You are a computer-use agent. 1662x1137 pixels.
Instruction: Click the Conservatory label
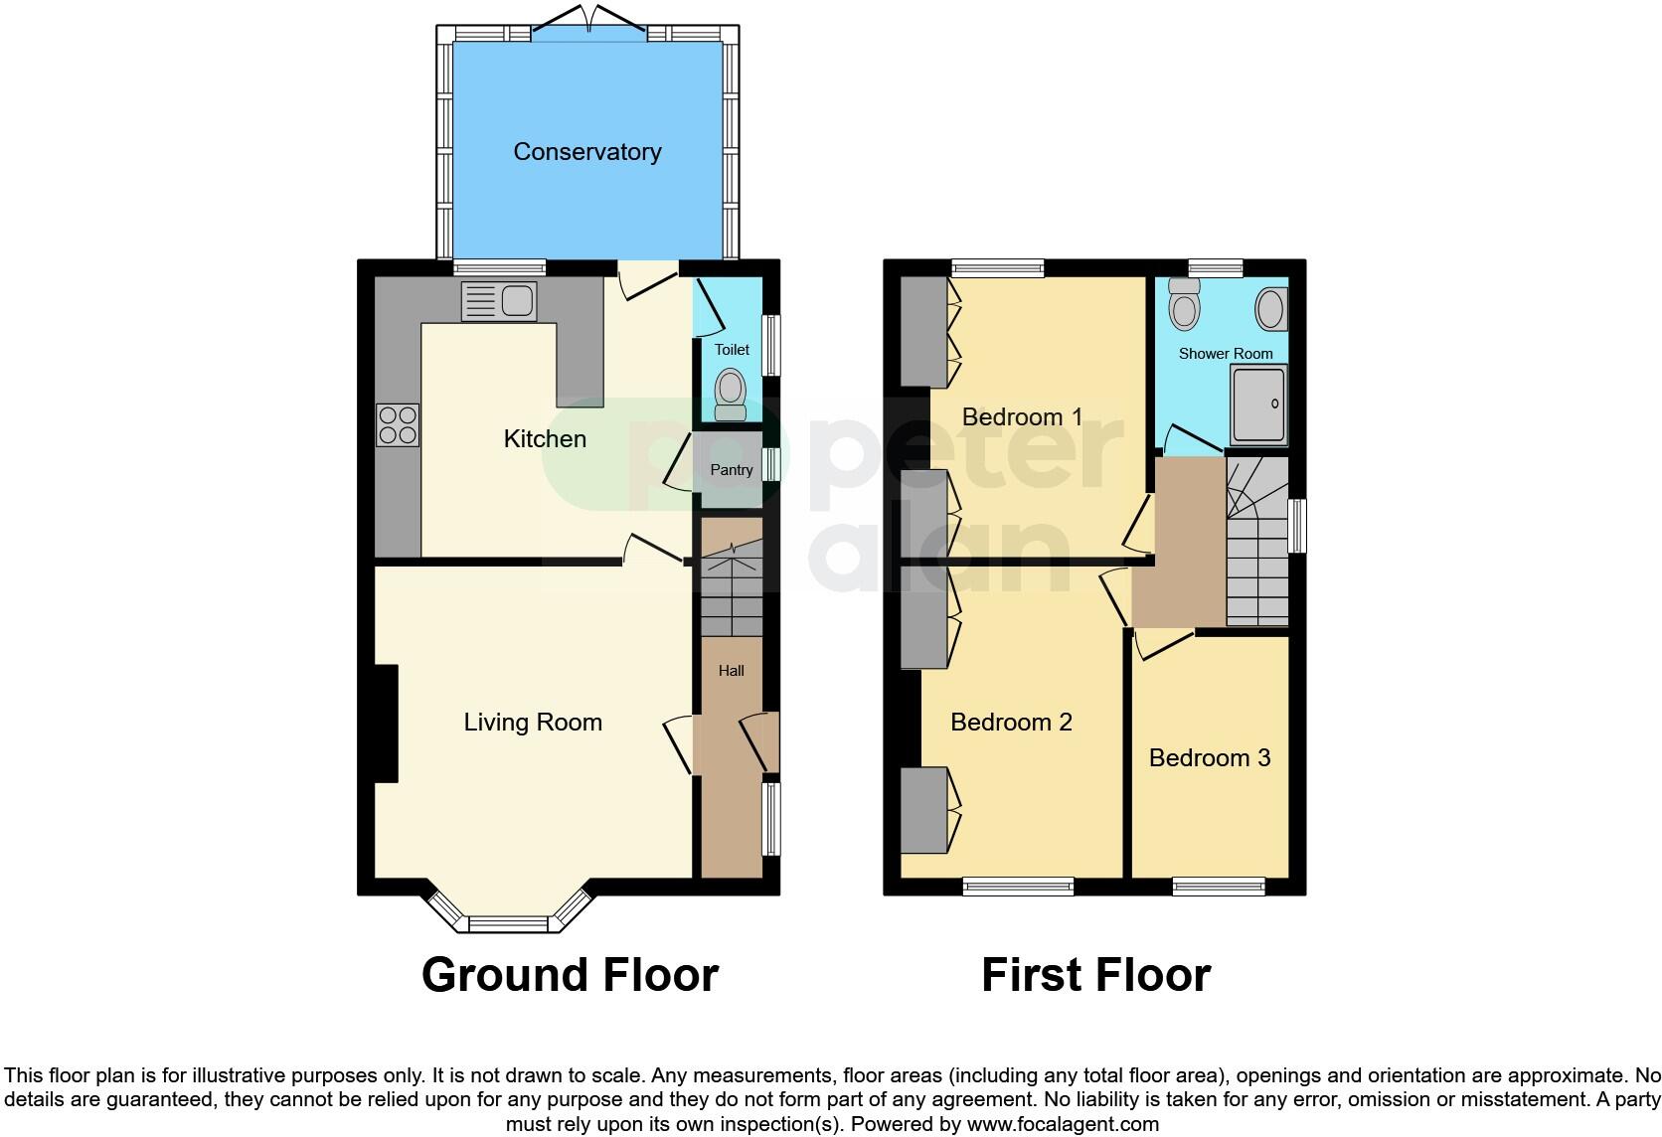[x=586, y=152]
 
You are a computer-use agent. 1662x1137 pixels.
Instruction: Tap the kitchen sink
[x=499, y=301]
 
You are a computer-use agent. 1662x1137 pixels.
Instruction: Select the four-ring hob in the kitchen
[x=397, y=425]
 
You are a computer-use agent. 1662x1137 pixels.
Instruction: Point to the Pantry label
[x=731, y=470]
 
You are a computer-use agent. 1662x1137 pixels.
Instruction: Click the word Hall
[x=731, y=671]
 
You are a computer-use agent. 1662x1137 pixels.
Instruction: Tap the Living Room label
[x=533, y=723]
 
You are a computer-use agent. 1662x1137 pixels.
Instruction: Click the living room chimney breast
[x=386, y=724]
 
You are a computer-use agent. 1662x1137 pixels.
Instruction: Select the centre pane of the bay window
[x=508, y=924]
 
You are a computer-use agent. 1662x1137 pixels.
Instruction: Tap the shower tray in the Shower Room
[x=1258, y=405]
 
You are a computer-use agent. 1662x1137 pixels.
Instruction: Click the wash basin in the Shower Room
[x=1271, y=309]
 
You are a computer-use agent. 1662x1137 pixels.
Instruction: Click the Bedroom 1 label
[x=1022, y=417]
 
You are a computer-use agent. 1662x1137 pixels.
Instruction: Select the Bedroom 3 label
[x=1209, y=758]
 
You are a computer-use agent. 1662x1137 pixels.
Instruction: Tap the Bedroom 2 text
[x=1011, y=723]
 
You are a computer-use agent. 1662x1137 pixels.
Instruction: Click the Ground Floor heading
[x=570, y=975]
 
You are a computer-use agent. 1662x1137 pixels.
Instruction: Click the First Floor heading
[x=1095, y=975]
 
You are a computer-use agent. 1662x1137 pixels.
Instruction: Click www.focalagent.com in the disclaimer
[x=1063, y=1125]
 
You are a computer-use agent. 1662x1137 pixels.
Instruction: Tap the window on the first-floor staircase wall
[x=1296, y=526]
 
